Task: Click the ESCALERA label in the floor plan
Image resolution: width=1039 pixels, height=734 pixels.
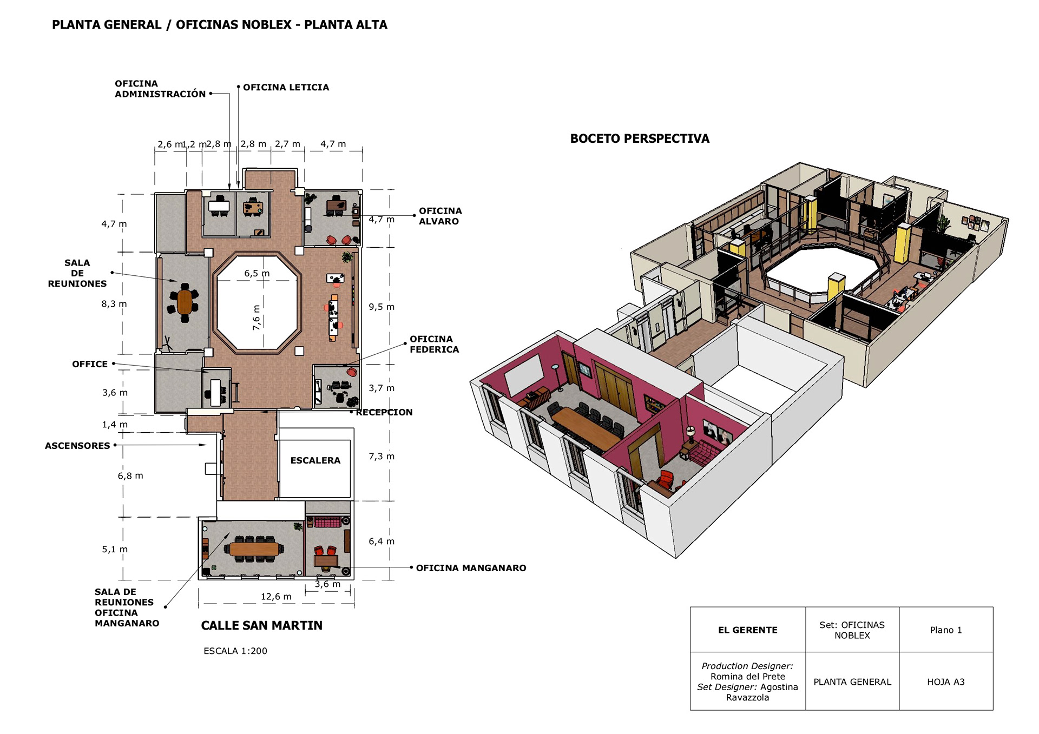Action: (315, 460)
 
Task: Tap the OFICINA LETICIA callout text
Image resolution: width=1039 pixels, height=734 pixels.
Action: (286, 88)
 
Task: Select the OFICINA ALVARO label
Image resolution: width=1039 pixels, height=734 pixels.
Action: (440, 216)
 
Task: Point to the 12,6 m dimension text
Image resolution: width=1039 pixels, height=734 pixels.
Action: (276, 597)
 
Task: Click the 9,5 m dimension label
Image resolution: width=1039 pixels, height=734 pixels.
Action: (382, 307)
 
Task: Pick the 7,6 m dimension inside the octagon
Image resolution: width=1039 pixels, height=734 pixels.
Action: (257, 318)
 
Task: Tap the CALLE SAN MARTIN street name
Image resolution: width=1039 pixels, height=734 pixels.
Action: (261, 626)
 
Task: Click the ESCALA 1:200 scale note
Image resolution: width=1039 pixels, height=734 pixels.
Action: (235, 651)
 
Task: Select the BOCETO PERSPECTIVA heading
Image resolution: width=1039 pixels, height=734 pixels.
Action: (640, 138)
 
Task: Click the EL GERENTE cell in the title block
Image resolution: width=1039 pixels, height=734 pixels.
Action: (747, 630)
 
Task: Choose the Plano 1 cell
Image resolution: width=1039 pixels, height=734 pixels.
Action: (946, 630)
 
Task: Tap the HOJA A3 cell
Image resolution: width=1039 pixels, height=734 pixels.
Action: (946, 682)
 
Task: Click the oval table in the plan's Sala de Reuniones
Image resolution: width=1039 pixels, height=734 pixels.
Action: (185, 302)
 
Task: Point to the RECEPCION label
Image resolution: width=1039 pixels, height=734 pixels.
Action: (384, 412)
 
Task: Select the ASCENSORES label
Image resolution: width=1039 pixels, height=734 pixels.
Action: (77, 446)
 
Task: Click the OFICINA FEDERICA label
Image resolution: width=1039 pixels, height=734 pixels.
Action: (434, 344)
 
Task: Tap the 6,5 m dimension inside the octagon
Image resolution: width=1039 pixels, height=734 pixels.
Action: (257, 273)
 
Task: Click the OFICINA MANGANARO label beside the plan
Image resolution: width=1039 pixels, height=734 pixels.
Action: (471, 568)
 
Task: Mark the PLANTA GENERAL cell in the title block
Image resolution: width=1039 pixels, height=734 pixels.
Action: (852, 682)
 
